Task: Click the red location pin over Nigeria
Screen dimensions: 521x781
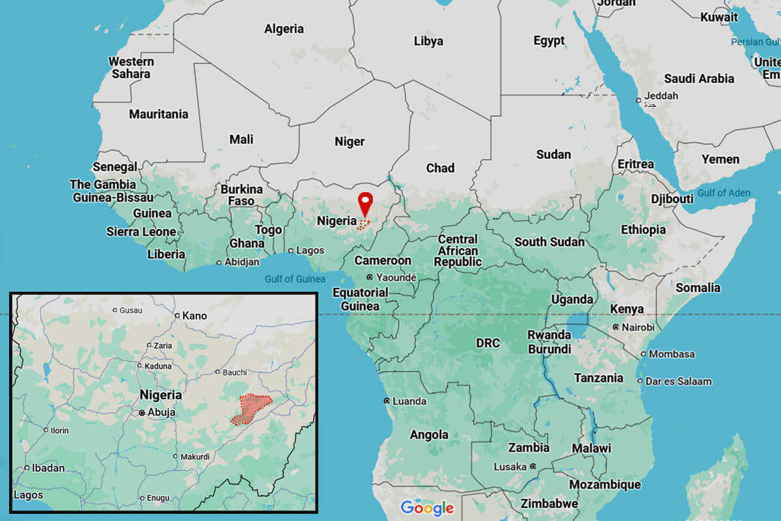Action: point(366,203)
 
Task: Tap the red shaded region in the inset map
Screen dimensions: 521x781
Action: point(251,409)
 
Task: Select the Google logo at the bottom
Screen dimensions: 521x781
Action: point(427,507)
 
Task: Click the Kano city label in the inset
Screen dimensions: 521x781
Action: point(194,316)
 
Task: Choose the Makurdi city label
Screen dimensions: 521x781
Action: point(195,456)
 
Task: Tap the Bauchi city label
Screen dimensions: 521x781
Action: point(234,373)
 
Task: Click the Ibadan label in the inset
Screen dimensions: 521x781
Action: point(49,468)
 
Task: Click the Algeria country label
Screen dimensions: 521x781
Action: point(284,29)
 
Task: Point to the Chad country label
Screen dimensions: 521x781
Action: point(440,168)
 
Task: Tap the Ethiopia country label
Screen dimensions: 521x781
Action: point(643,229)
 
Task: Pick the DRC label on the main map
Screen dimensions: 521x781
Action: point(487,343)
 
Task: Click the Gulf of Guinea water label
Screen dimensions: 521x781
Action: point(295,279)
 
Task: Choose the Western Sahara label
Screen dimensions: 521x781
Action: point(131,68)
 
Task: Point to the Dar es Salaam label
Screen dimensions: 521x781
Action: point(679,381)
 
